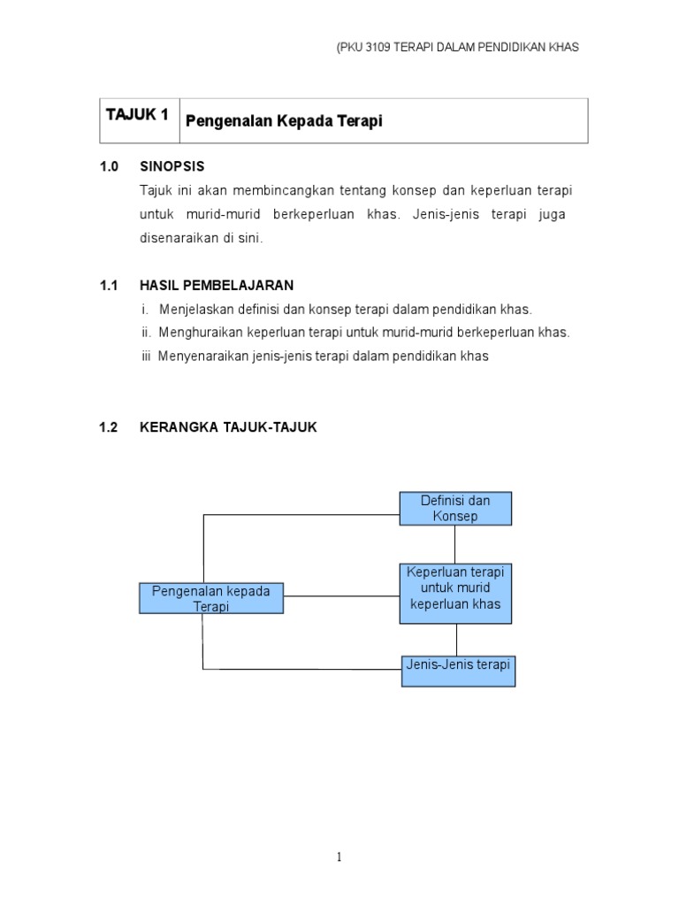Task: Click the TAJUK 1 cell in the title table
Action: point(137,115)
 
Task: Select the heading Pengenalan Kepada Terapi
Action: point(284,121)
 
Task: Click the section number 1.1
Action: point(109,285)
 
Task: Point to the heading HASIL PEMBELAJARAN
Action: point(217,285)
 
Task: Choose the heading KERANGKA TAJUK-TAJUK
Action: point(228,427)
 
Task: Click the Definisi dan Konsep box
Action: point(455,509)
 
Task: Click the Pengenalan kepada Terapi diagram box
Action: point(211,597)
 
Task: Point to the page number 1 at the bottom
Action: point(339,856)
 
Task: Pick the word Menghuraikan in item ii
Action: point(197,333)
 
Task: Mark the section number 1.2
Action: point(109,427)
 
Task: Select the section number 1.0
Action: point(109,165)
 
